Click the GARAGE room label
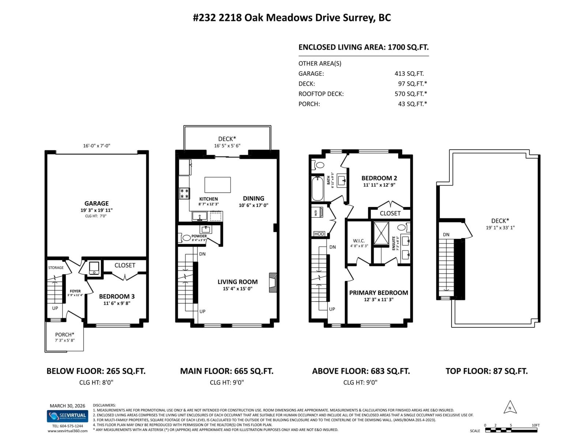[x=97, y=203]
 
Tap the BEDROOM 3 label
[x=114, y=296]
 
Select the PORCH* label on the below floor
[x=65, y=334]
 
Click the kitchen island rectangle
[x=218, y=185]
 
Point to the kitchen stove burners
[x=184, y=194]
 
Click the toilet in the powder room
[x=185, y=238]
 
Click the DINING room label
[x=253, y=198]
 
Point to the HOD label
[x=319, y=234]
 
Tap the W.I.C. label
[x=359, y=241]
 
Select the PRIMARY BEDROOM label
[x=378, y=293]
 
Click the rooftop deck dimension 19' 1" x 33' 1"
[x=500, y=228]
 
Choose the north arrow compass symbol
[x=510, y=408]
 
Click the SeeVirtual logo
[x=68, y=416]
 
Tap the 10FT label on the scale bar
[x=535, y=425]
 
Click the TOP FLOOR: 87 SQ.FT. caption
[x=486, y=371]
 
